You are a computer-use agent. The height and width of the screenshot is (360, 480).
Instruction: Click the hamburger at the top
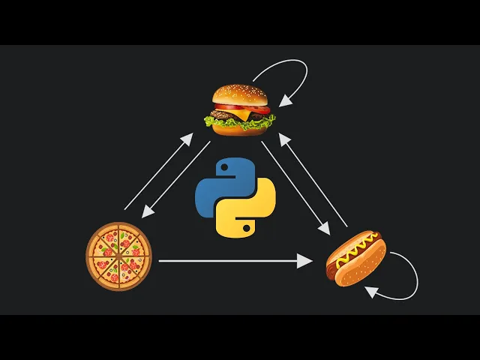pos(240,109)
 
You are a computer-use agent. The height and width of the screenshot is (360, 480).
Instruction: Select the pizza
pos(118,256)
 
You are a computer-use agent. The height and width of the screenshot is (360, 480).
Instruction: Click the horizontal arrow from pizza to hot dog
pos(232,261)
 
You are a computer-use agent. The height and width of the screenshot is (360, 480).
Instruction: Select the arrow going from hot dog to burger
pos(315,180)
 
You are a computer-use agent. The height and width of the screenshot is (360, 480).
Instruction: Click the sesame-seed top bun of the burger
pos(239,95)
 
